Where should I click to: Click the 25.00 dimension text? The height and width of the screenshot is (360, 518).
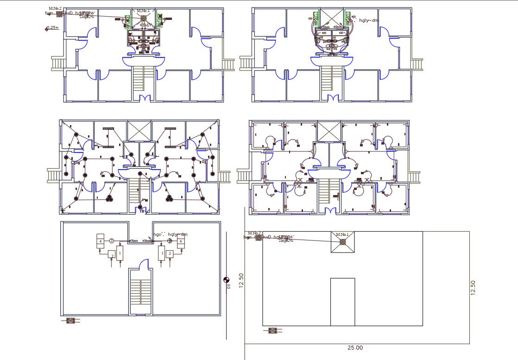click(x=355, y=347)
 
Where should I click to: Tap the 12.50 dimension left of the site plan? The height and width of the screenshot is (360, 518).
click(x=241, y=280)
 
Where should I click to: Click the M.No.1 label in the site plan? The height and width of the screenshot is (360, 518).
click(x=342, y=234)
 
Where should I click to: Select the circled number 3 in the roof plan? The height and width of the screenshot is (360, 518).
click(x=112, y=241)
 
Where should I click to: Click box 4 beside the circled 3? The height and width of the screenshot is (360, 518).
click(x=100, y=241)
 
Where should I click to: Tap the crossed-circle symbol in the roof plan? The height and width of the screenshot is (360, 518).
click(x=170, y=241)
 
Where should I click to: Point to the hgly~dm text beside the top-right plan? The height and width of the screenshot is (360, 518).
click(x=369, y=20)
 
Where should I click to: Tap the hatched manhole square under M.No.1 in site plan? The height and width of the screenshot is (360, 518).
click(x=342, y=241)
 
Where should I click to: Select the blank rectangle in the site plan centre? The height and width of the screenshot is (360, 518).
click(x=342, y=301)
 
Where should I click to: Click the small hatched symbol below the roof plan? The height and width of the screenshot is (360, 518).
click(x=70, y=320)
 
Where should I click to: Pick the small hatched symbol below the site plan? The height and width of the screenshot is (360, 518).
click(x=272, y=330)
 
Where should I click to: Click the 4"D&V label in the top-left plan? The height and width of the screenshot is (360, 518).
click(x=145, y=25)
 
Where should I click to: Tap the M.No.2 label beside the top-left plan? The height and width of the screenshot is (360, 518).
click(x=55, y=8)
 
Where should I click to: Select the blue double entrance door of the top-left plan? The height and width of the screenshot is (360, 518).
click(x=145, y=98)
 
